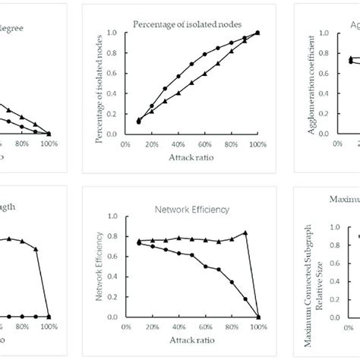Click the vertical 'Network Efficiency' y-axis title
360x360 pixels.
coord(99,266)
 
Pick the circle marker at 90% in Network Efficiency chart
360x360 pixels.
coord(245,298)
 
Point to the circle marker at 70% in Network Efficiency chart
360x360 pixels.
coord(219,269)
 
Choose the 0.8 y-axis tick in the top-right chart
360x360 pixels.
coord(325,53)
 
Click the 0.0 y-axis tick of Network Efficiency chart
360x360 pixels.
coord(112,317)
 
